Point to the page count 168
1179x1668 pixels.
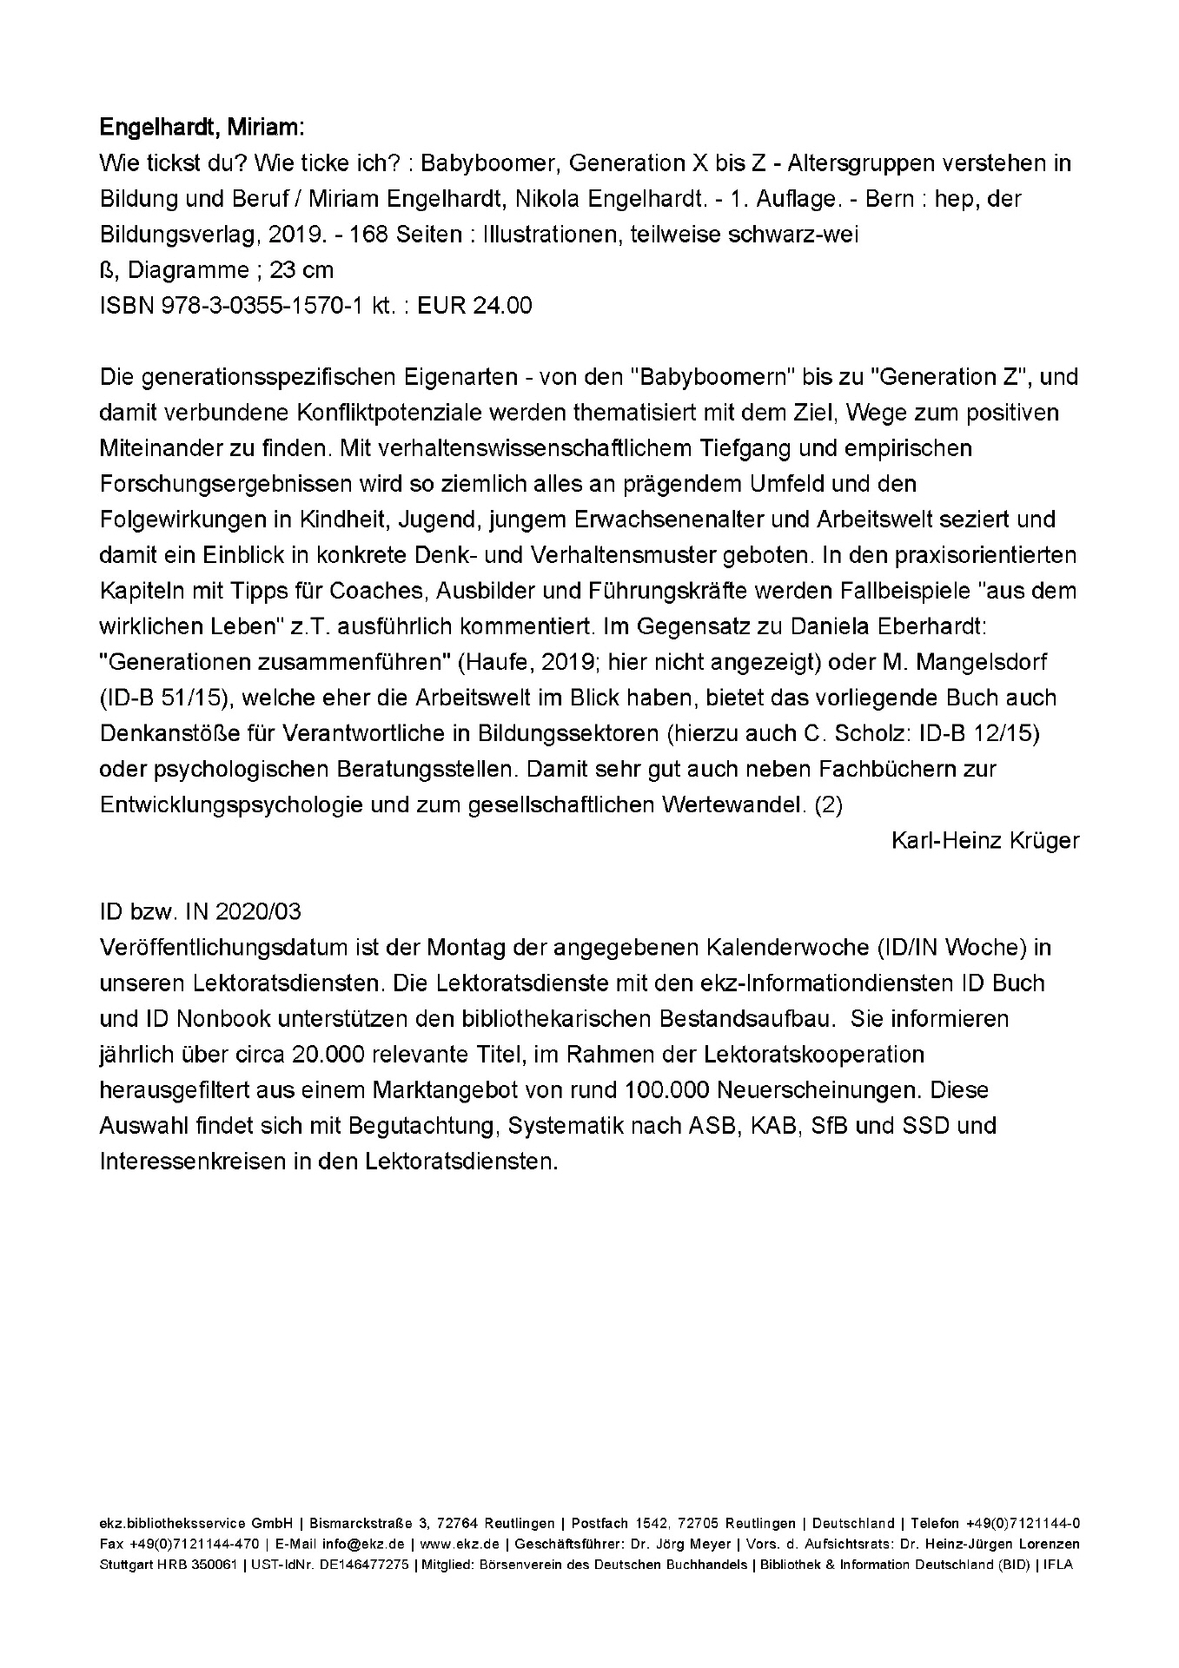point(368,235)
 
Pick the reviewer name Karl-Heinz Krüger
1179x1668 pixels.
point(985,841)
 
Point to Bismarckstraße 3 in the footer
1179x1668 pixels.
point(369,1524)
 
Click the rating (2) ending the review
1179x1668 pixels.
point(828,804)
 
